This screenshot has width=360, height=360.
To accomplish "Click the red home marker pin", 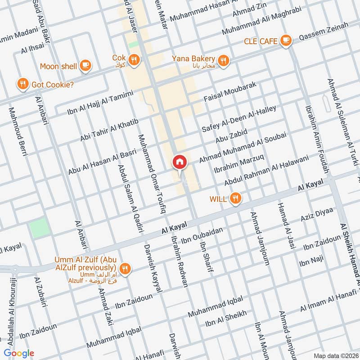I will pyautogui.click(x=179, y=162).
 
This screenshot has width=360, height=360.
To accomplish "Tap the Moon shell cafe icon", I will pyautogui.click(x=85, y=66).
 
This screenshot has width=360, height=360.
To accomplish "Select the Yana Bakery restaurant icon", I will pyautogui.click(x=223, y=60).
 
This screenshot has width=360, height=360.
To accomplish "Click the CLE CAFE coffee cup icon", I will pyautogui.click(x=285, y=41).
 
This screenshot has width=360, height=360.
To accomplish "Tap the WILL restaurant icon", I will pyautogui.click(x=234, y=198).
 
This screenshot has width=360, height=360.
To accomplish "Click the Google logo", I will pyautogui.click(x=19, y=353).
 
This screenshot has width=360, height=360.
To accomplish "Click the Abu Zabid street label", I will pyautogui.click(x=232, y=135).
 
